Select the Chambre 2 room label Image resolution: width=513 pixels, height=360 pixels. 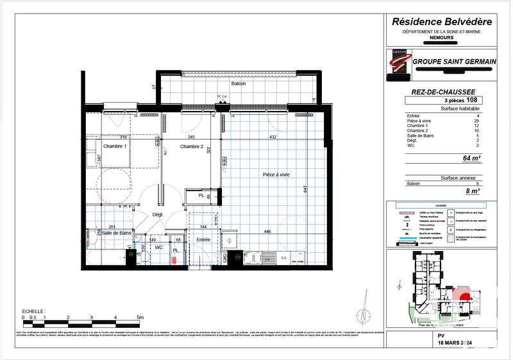(192, 147)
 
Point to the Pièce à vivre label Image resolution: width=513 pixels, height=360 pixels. (277, 175)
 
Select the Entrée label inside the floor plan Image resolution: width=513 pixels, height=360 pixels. (204, 239)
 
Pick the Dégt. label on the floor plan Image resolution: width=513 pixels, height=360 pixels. (158, 214)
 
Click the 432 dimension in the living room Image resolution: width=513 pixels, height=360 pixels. (272, 137)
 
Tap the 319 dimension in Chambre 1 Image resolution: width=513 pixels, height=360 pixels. (123, 137)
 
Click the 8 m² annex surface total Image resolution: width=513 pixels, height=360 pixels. (472, 191)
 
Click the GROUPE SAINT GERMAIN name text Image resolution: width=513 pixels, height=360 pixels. (455, 61)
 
